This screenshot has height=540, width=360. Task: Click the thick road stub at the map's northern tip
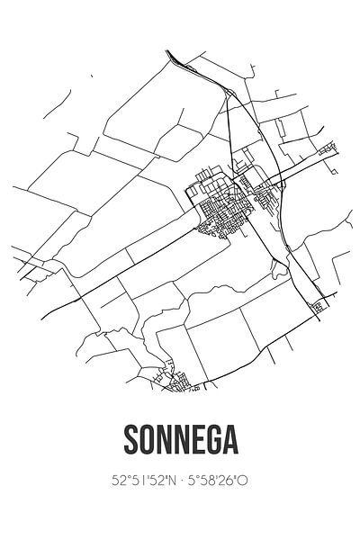(x=176, y=58)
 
